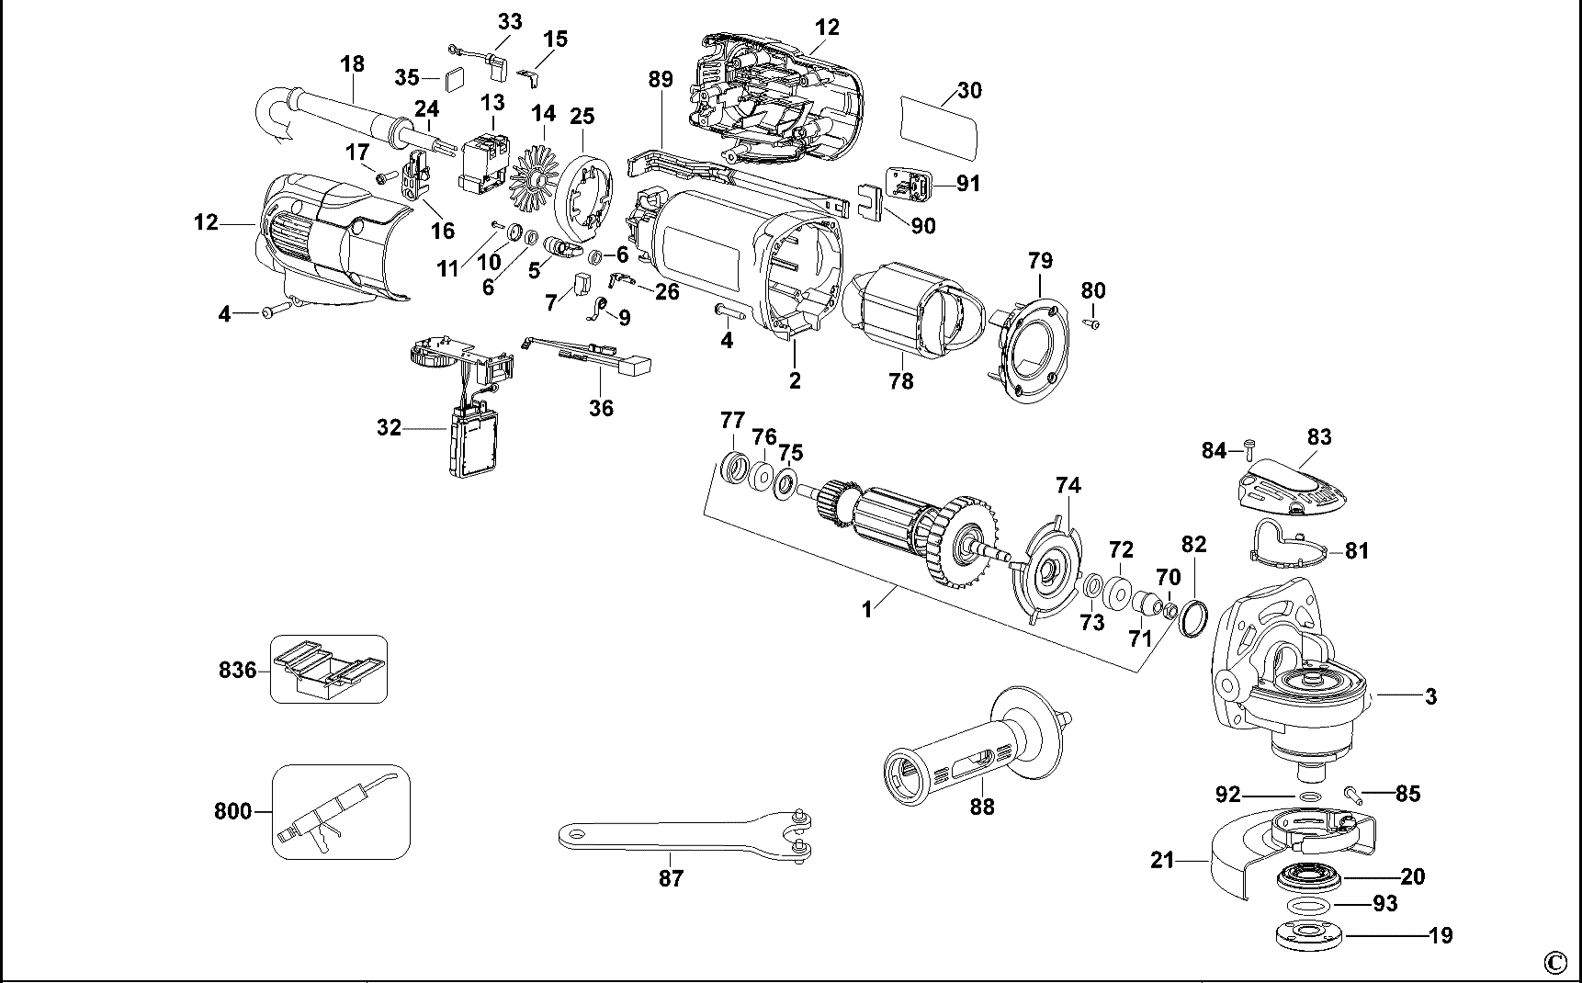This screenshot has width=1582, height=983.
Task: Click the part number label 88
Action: click(982, 807)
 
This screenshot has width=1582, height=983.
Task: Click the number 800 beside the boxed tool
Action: click(232, 811)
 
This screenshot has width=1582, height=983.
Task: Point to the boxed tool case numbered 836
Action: click(328, 669)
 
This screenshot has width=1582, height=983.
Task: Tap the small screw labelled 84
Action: click(1249, 447)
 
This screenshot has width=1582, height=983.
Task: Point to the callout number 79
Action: click(1040, 260)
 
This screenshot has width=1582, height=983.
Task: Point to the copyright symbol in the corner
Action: click(1554, 962)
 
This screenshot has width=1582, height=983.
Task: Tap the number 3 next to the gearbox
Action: click(1430, 696)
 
